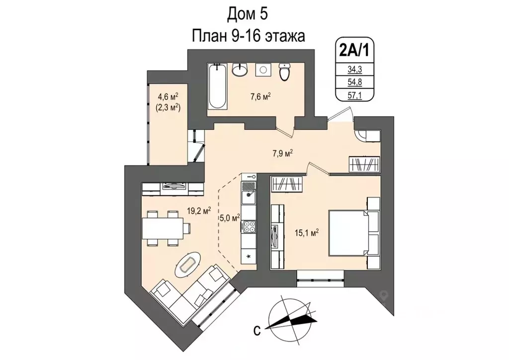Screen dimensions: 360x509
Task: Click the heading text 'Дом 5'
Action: pos(248,14)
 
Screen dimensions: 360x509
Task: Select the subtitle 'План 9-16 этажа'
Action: pos(248,36)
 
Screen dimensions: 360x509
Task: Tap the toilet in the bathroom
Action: pos(284,72)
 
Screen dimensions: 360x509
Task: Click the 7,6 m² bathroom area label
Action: pos(259,96)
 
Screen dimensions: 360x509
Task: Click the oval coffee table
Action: pos(188,265)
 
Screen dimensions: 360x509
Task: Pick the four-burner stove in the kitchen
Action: pos(248,227)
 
